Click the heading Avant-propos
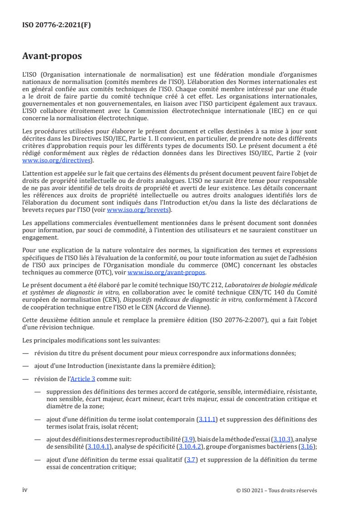[52, 57]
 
